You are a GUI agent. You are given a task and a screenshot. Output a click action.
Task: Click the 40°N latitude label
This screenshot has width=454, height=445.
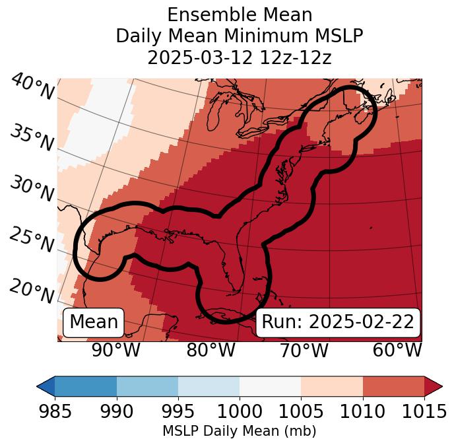click(32, 87)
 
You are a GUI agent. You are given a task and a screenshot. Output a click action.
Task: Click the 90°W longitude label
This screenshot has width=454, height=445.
click(116, 351)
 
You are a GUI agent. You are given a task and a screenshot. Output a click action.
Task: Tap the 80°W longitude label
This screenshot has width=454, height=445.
click(211, 351)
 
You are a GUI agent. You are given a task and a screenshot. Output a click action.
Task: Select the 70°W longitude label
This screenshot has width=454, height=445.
click(304, 351)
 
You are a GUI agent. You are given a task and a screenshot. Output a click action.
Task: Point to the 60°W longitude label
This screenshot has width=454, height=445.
click(397, 351)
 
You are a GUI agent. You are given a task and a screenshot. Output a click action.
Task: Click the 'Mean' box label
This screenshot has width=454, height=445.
click(94, 322)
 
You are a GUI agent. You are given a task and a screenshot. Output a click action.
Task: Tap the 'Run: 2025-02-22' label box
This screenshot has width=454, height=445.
click(338, 322)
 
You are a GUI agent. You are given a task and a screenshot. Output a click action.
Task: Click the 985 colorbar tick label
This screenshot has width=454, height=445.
click(55, 411)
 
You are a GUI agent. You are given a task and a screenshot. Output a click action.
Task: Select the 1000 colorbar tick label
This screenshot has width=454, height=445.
click(240, 411)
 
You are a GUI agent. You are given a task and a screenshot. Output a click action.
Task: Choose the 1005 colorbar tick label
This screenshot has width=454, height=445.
click(301, 411)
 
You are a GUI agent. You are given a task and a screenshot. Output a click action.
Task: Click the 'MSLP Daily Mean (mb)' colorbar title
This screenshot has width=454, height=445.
click(239, 431)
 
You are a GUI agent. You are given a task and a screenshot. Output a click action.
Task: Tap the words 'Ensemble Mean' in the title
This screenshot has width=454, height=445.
click(239, 15)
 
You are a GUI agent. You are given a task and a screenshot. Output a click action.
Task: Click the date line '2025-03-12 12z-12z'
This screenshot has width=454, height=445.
click(239, 57)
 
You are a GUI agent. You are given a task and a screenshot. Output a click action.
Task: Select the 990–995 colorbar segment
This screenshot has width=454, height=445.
click(147, 386)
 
